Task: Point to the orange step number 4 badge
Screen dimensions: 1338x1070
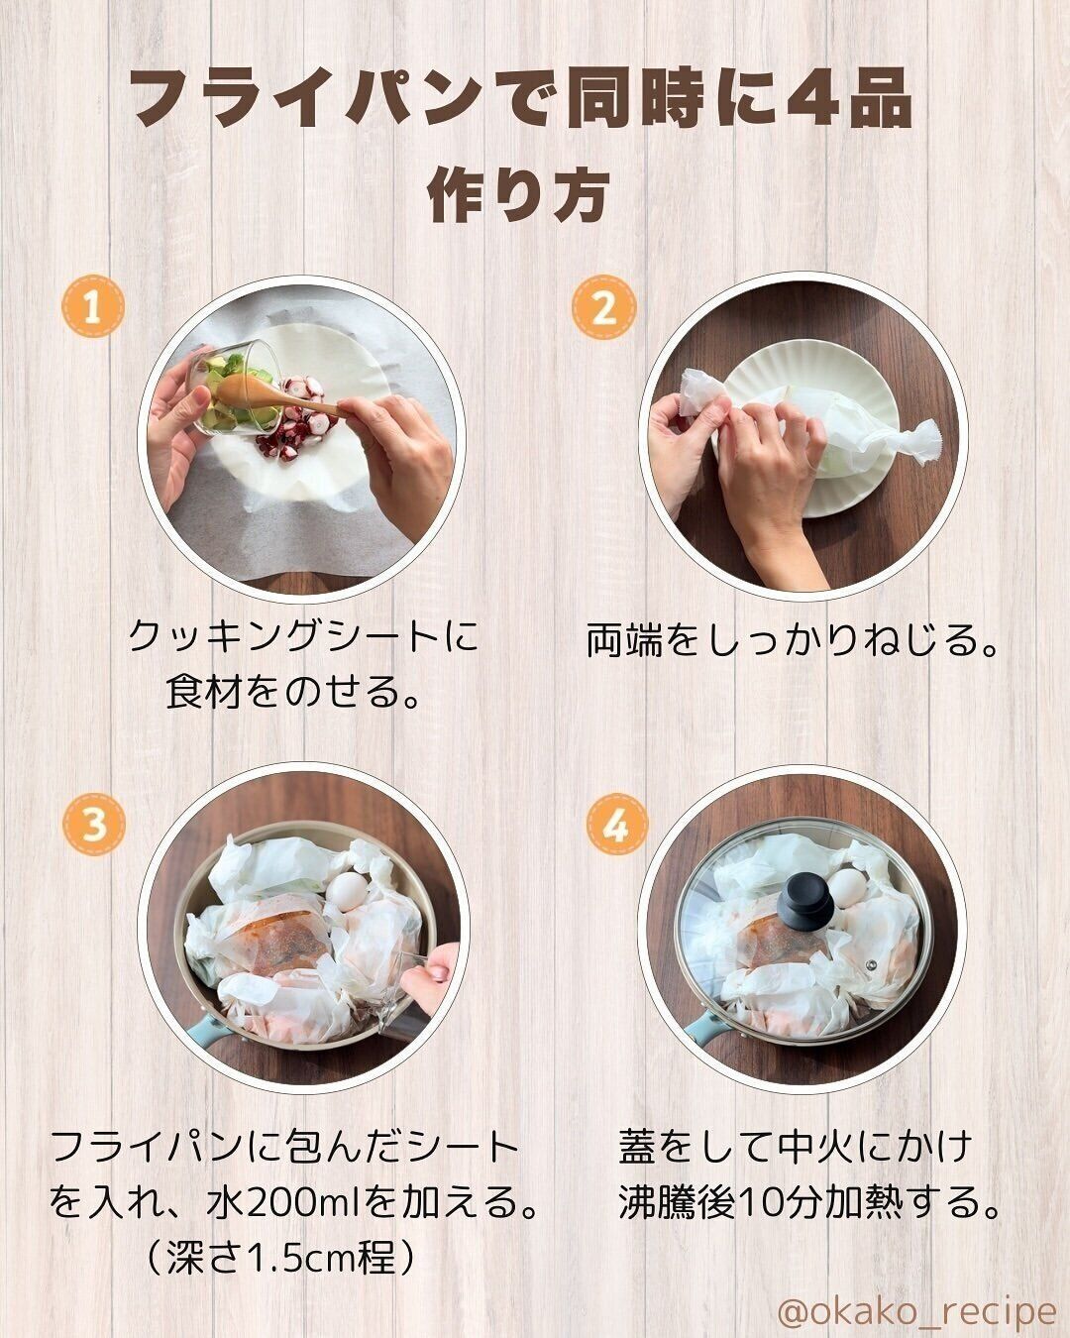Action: click(616, 822)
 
